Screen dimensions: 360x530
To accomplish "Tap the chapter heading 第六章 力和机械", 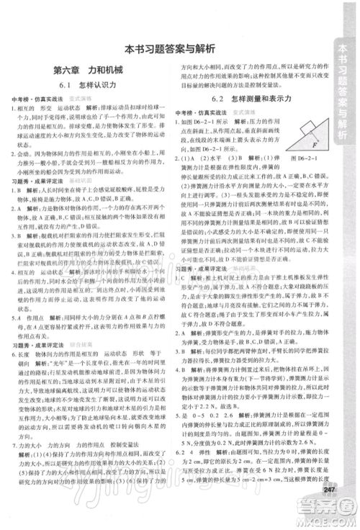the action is (x=89, y=73).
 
